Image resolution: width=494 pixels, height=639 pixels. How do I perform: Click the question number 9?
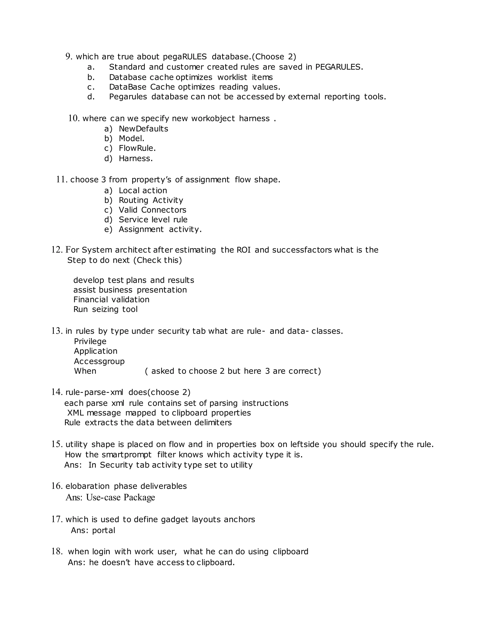click(69, 56)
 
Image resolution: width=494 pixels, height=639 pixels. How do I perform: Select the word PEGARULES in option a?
click(339, 67)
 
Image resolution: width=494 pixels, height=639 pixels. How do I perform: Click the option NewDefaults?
click(144, 129)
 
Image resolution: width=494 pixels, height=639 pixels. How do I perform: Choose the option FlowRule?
click(137, 148)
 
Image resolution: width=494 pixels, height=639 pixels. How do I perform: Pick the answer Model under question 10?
click(131, 138)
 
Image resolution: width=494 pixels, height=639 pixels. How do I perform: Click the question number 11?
click(62, 179)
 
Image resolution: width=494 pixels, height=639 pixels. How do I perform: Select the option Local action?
click(143, 190)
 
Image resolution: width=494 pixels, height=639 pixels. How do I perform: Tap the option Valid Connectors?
click(152, 210)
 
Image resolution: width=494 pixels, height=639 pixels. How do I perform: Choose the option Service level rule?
click(153, 219)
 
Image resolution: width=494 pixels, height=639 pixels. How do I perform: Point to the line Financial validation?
click(111, 299)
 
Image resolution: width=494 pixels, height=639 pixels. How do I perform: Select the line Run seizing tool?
click(105, 309)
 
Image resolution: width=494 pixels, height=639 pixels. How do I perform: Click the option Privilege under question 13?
click(90, 341)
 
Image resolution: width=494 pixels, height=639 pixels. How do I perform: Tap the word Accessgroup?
click(99, 361)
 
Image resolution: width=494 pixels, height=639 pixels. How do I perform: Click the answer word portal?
click(103, 530)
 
